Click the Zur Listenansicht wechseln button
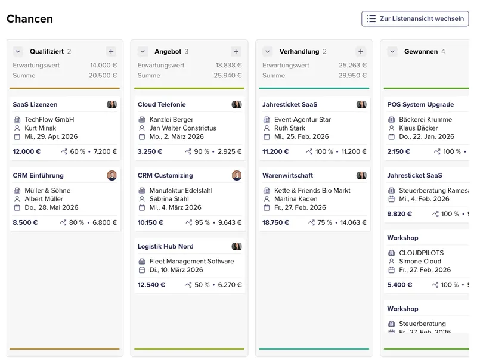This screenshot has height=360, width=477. (x=415, y=18)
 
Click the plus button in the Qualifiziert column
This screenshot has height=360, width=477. (x=111, y=52)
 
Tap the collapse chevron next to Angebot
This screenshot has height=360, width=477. (x=143, y=52)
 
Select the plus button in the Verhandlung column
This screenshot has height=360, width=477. (x=360, y=52)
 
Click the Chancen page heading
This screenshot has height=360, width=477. (x=30, y=19)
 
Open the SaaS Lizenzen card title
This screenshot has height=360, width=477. (x=35, y=105)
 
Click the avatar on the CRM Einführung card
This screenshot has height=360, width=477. (x=112, y=175)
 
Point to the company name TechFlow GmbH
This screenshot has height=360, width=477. (x=49, y=119)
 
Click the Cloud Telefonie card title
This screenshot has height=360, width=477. (x=162, y=105)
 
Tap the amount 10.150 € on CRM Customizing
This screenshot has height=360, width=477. (x=150, y=222)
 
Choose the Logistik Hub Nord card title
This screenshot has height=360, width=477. (x=166, y=246)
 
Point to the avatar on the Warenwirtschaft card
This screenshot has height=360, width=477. (x=361, y=175)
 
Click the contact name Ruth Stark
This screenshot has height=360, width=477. (x=290, y=128)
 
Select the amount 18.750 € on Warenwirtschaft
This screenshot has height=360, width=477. (x=275, y=222)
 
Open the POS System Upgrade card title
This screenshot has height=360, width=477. (x=420, y=105)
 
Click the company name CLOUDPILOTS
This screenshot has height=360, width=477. (x=422, y=253)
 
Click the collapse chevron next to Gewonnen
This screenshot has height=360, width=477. (x=392, y=52)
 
